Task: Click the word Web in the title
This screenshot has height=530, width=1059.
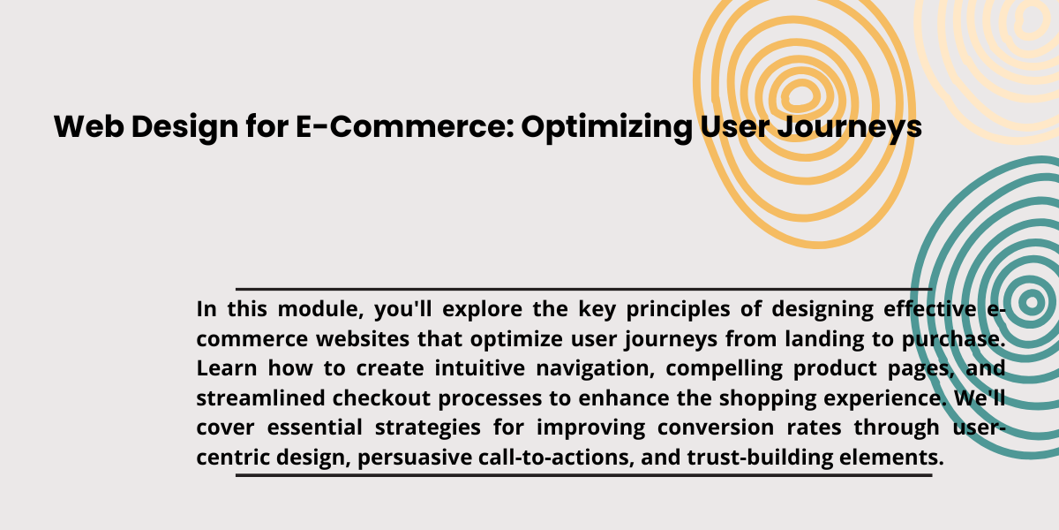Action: [89, 127]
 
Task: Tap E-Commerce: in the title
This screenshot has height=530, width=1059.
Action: [405, 127]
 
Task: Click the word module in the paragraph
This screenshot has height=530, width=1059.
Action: [320, 309]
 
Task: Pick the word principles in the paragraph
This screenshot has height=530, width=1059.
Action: [678, 310]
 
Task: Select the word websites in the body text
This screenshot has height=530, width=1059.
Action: [363, 339]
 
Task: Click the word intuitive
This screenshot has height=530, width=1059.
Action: [480, 368]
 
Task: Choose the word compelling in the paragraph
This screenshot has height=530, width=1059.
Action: [724, 369]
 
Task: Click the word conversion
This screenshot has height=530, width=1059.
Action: [716, 428]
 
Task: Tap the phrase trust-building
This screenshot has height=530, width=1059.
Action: [760, 458]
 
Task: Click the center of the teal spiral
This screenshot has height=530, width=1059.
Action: [1032, 302]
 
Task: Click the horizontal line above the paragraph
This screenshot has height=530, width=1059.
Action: [584, 289]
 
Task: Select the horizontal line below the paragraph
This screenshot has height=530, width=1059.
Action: [584, 475]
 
